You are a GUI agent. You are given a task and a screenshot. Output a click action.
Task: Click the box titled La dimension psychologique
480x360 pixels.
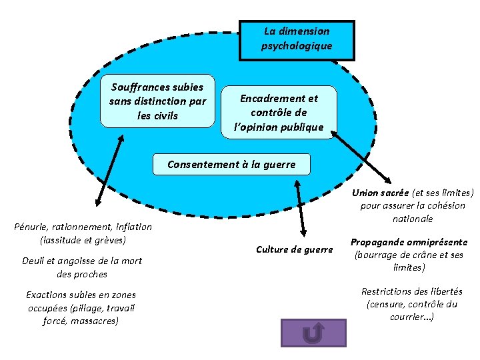pos(297,40)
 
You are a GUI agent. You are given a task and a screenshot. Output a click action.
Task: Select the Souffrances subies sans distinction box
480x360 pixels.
pos(158,101)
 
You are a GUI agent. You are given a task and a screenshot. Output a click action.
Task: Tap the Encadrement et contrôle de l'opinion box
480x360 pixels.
pos(279,112)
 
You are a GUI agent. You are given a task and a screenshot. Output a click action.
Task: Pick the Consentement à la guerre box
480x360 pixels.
pos(231,164)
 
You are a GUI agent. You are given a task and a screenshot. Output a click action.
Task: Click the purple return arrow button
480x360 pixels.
pos(313,333)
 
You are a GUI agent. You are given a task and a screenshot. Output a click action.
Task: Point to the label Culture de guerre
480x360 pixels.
pos(294,249)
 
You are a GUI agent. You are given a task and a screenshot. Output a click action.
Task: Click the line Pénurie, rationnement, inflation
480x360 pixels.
pos(83,227)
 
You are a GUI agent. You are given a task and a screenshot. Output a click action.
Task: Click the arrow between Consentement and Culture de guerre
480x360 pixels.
pos(301,207)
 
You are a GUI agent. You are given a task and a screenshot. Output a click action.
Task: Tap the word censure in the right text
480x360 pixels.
pos(389,304)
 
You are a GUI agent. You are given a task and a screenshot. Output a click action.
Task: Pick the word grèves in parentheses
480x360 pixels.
pos(109,239)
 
